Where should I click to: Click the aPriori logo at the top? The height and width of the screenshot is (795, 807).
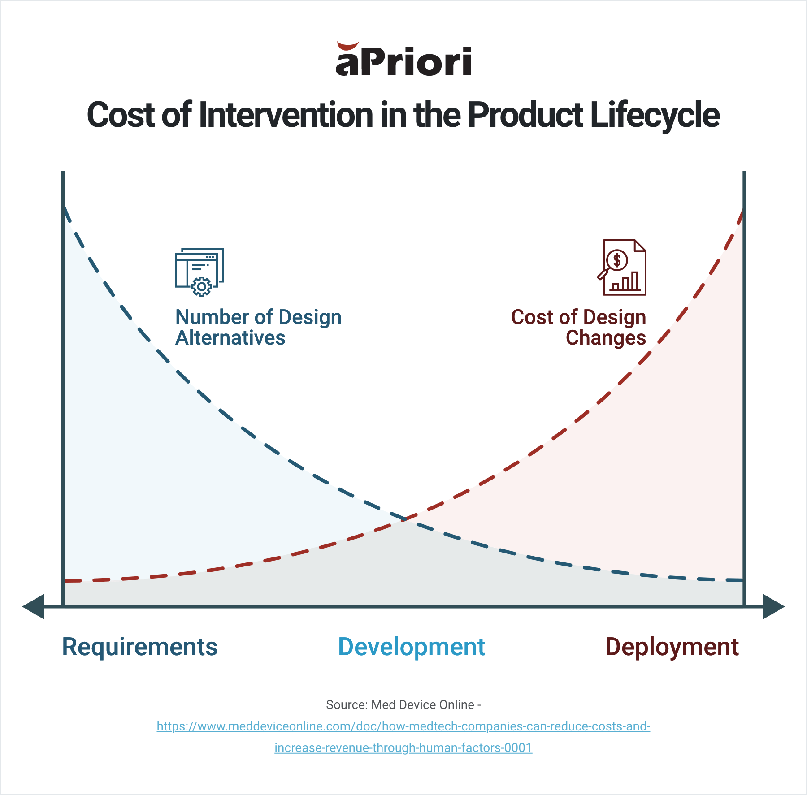click(403, 60)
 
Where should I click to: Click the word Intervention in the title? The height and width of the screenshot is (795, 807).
click(285, 115)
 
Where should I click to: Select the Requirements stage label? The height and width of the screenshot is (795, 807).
click(139, 647)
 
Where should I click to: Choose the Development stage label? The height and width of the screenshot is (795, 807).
click(411, 647)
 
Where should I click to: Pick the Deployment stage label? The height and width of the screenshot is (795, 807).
click(672, 647)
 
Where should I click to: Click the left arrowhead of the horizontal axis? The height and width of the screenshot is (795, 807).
click(35, 607)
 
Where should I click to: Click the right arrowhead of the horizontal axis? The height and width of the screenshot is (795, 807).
click(773, 607)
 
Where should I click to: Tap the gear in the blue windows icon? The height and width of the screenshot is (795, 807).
click(201, 286)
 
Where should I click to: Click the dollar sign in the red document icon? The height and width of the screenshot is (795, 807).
click(617, 260)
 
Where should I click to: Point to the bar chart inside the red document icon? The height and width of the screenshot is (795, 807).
click(625, 282)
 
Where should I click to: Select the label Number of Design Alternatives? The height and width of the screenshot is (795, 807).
click(258, 327)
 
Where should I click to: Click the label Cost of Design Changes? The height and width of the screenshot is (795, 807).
click(579, 327)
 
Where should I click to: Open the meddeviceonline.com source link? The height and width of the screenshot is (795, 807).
click(403, 726)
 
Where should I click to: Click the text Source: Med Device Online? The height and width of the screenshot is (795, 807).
click(403, 705)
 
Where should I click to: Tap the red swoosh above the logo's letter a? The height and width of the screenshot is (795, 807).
click(347, 46)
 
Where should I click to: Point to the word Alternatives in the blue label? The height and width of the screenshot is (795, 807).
click(230, 338)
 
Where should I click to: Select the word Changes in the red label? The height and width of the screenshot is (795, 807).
click(606, 338)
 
